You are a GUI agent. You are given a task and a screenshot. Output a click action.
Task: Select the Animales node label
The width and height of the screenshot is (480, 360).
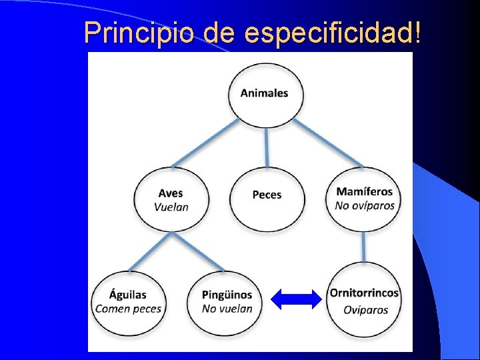tap(264, 93)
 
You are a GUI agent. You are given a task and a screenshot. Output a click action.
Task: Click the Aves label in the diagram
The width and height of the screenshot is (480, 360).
tap(171, 193)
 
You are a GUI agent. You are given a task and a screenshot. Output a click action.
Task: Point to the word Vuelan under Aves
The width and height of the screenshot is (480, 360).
tap(171, 207)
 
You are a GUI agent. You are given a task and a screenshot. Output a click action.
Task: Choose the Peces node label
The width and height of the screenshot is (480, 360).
tap(267, 195)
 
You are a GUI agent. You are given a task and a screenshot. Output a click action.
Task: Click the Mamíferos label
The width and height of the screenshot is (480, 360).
tap(365, 192)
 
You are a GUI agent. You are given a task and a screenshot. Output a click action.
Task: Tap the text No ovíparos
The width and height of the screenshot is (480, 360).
tap(365, 206)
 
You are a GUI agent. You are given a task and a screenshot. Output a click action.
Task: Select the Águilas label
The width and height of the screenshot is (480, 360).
tap(128, 295)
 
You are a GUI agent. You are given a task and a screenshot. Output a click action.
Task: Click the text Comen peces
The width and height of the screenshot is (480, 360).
tap(128, 309)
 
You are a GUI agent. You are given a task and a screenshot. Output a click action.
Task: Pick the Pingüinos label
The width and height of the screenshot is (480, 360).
tap(227, 295)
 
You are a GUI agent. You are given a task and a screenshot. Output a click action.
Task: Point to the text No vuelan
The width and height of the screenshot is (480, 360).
tap(227, 309)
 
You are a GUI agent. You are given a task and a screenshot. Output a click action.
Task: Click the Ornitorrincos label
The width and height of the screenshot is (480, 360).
tap(364, 293)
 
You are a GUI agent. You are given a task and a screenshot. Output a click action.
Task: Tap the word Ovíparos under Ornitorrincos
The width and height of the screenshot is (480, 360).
tap(365, 309)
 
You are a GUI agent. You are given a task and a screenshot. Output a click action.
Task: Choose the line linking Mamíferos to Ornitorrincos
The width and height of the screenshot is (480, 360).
tap(364, 247)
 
